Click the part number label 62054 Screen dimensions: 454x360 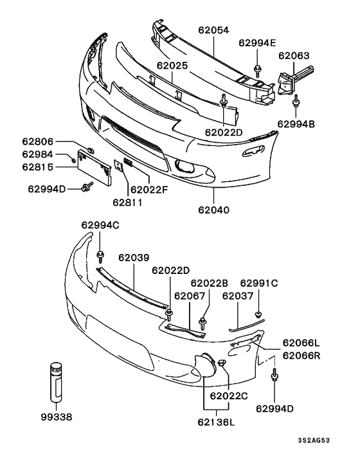click(214, 30)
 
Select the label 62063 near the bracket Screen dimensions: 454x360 click(294, 56)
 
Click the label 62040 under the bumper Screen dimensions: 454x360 click(213, 209)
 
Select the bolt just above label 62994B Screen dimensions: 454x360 click(296, 101)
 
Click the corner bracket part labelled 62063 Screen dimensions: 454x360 click(289, 80)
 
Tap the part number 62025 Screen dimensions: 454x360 click(171, 66)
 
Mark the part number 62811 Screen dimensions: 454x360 click(127, 203)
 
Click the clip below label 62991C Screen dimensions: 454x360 click(258, 314)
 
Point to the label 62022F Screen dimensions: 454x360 click(149, 189)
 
